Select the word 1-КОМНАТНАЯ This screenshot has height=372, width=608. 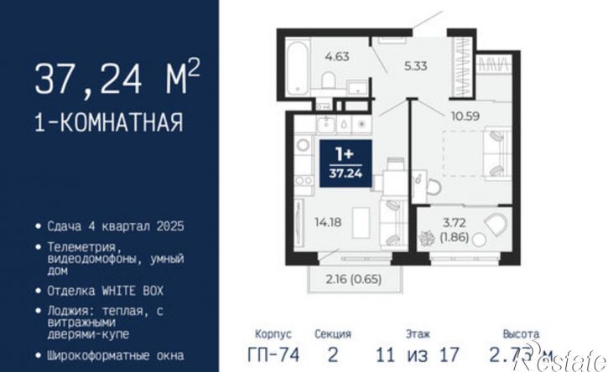[108, 123]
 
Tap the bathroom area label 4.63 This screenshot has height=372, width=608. [337, 57]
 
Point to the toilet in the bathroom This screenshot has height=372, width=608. [330, 80]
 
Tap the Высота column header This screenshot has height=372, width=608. [521, 333]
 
